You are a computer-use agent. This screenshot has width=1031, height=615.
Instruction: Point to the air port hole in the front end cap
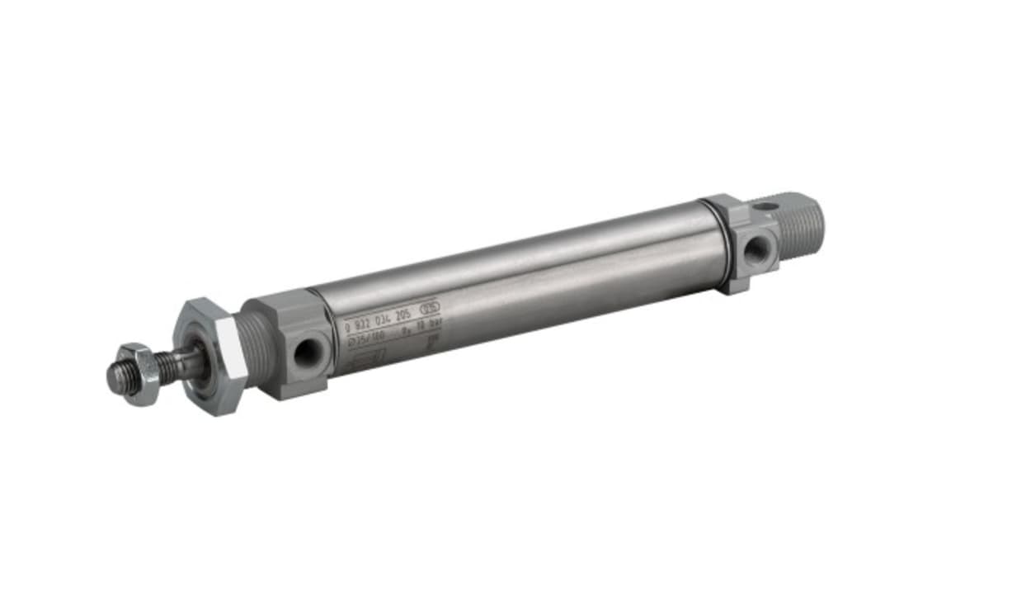pos(307,352)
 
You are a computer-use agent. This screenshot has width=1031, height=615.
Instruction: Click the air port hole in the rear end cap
pos(756,250)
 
